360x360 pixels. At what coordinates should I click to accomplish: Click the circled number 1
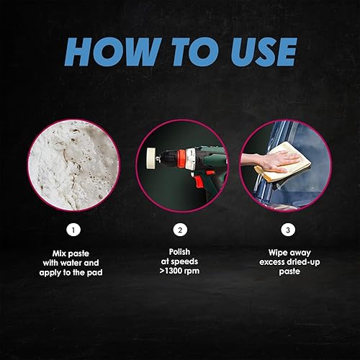[73, 232]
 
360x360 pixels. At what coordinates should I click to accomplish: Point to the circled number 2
[179, 232]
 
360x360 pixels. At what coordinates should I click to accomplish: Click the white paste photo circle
[73, 165]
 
